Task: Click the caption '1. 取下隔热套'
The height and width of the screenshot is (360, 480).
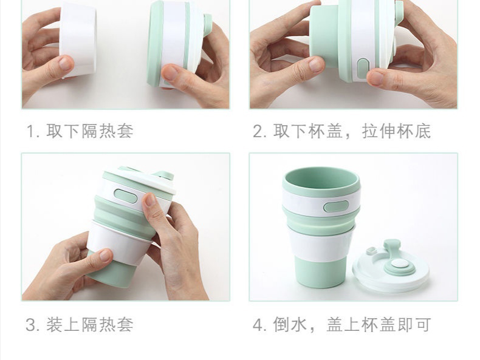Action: pyautogui.click(x=80, y=131)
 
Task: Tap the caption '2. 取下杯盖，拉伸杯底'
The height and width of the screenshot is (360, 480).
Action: pyautogui.click(x=342, y=131)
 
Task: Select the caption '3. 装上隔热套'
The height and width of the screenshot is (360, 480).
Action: pyautogui.click(x=79, y=325)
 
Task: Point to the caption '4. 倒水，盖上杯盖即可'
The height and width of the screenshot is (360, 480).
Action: pyautogui.click(x=342, y=325)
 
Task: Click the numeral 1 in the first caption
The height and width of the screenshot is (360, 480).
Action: pyautogui.click(x=30, y=132)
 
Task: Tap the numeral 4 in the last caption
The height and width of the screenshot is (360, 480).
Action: pyautogui.click(x=258, y=325)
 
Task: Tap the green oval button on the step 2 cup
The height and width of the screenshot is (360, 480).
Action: pyautogui.click(x=363, y=68)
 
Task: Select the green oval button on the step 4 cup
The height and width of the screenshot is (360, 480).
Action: pyautogui.click(x=336, y=207)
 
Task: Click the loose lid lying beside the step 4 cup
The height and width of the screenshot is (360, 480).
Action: pyautogui.click(x=390, y=265)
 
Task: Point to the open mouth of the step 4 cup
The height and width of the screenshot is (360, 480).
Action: pyautogui.click(x=321, y=180)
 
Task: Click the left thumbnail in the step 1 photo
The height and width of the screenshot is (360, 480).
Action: pyautogui.click(x=65, y=63)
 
